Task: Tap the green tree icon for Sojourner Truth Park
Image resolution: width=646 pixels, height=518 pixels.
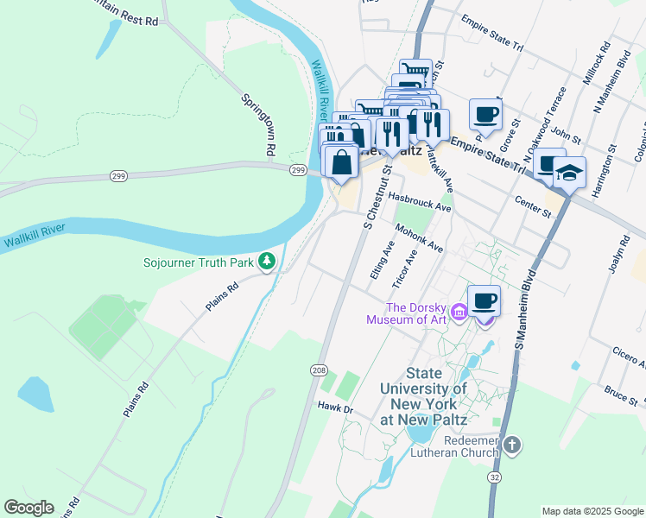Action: pos(268,261)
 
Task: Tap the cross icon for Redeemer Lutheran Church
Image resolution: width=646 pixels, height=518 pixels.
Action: pos(512,445)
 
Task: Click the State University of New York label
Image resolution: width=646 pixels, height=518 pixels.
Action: pos(423,396)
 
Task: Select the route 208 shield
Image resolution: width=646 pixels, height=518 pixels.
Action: pos(319,370)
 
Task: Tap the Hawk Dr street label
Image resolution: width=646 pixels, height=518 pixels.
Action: pos(336,407)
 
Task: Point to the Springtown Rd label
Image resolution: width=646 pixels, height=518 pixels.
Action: pos(257,124)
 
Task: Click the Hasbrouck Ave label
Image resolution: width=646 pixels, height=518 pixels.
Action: pos(419,201)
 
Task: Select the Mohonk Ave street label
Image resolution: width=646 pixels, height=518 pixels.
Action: pos(419,238)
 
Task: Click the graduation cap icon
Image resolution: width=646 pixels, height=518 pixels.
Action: pos(569,174)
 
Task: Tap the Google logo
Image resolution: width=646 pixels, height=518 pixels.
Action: pos(28,508)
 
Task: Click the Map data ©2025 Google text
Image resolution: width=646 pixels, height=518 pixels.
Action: pos(592,511)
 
